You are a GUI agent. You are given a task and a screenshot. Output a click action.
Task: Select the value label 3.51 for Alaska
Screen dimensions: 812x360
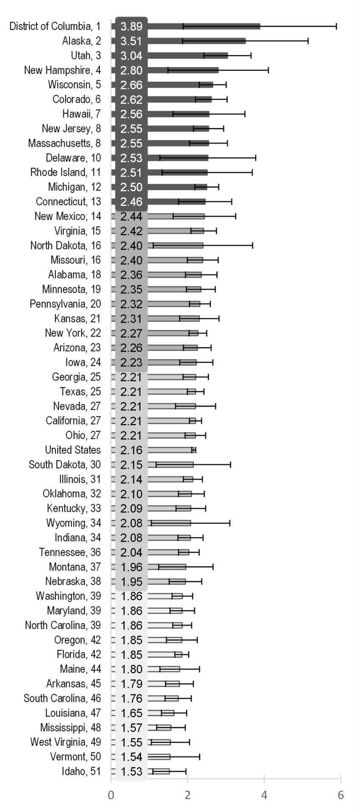pyautogui.click(x=131, y=41)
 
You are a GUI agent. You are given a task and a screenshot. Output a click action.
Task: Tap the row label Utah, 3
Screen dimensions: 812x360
pyautogui.click(x=85, y=56)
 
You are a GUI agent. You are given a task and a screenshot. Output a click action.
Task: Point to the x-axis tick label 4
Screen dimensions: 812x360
pyautogui.click(x=264, y=795)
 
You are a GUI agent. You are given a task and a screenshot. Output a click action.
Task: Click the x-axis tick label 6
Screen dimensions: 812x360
pyautogui.click(x=341, y=795)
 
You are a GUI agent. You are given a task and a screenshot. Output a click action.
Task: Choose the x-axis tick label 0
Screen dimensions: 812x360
pyautogui.click(x=111, y=795)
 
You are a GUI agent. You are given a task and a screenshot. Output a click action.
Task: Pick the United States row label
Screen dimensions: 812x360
pyautogui.click(x=73, y=450)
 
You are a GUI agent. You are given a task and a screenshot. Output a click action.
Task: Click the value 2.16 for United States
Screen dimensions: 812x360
pyautogui.click(x=131, y=450)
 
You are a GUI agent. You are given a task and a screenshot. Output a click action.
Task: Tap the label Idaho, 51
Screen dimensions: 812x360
pyautogui.click(x=81, y=771)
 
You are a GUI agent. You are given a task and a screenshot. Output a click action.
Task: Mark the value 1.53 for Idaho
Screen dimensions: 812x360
pyautogui.click(x=131, y=772)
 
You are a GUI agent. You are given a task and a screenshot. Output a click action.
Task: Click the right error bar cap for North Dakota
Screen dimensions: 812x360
pyautogui.click(x=253, y=245)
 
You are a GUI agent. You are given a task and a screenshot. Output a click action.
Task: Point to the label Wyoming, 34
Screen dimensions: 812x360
pyautogui.click(x=74, y=523)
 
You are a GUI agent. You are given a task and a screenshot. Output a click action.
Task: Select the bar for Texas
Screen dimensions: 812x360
pyautogui.click(x=171, y=392)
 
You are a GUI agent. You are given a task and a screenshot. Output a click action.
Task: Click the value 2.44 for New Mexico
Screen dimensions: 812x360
pyautogui.click(x=131, y=217)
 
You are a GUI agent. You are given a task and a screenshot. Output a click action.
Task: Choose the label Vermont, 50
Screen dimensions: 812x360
pyautogui.click(x=75, y=757)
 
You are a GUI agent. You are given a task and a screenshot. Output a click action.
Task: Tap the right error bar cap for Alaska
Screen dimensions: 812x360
pyautogui.click(x=308, y=41)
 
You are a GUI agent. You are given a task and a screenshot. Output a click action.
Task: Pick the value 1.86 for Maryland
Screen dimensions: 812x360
pyautogui.click(x=131, y=611)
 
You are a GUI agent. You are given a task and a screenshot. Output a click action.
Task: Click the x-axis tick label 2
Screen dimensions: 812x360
pyautogui.click(x=187, y=795)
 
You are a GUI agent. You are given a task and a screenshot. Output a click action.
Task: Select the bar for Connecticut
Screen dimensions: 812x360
pyautogui.click(x=176, y=202)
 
